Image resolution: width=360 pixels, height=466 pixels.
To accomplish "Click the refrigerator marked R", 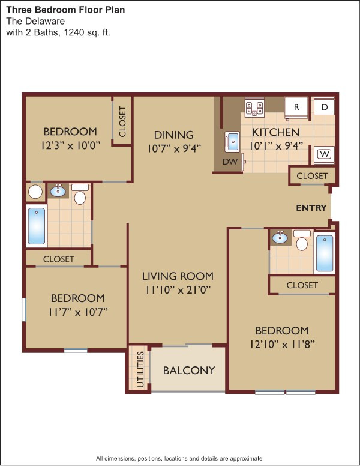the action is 296,107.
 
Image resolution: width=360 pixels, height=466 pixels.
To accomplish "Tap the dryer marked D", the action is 325,107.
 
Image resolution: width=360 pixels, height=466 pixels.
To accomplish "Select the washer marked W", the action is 325,154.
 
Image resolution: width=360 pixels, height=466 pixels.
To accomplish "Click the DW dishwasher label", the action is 230,162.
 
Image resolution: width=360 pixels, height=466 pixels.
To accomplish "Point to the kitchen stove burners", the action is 254,108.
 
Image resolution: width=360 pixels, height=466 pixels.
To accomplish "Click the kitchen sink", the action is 232,141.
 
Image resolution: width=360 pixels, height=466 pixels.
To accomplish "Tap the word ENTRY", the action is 311,208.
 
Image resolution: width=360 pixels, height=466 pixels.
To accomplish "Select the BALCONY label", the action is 189,371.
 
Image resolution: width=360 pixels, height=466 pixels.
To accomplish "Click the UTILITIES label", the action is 140,369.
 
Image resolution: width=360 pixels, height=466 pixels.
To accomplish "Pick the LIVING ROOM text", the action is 178,276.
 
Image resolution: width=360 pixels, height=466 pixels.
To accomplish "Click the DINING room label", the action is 174,135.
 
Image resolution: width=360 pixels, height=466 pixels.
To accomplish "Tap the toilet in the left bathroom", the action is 80,195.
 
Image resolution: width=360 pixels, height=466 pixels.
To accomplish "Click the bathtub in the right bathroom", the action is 325,253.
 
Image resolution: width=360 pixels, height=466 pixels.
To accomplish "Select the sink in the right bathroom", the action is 280,237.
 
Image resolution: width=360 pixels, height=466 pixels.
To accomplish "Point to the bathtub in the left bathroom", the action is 37,226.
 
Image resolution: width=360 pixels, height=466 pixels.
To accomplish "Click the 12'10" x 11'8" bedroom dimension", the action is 282,345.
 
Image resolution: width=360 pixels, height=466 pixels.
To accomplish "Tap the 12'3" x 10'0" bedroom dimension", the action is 70,145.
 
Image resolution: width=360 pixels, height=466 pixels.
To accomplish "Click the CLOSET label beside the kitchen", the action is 312,175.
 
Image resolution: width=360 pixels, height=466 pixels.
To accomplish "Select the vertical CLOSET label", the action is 122,121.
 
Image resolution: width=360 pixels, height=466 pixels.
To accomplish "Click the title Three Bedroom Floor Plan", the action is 65,10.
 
